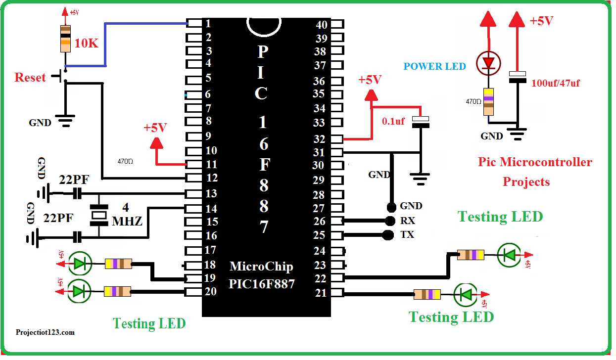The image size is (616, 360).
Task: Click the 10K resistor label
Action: click(87, 44)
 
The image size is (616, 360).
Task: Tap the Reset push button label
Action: click(30, 78)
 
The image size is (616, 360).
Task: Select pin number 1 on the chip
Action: click(209, 23)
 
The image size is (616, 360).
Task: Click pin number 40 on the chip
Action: click(322, 25)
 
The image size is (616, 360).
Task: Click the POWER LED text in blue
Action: click(434, 66)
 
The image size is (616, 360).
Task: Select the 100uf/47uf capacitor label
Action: click(555, 83)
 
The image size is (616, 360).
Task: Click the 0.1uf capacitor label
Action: click(393, 121)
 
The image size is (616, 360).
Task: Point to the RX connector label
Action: click(407, 221)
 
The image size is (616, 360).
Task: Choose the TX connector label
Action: click(407, 234)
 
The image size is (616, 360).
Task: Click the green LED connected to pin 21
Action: click(465, 295)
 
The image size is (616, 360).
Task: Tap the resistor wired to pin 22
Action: click(471, 255)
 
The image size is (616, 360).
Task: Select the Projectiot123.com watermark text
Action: click(45, 332)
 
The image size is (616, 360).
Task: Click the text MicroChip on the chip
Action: click(261, 267)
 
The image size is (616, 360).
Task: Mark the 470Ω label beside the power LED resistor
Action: click(473, 101)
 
